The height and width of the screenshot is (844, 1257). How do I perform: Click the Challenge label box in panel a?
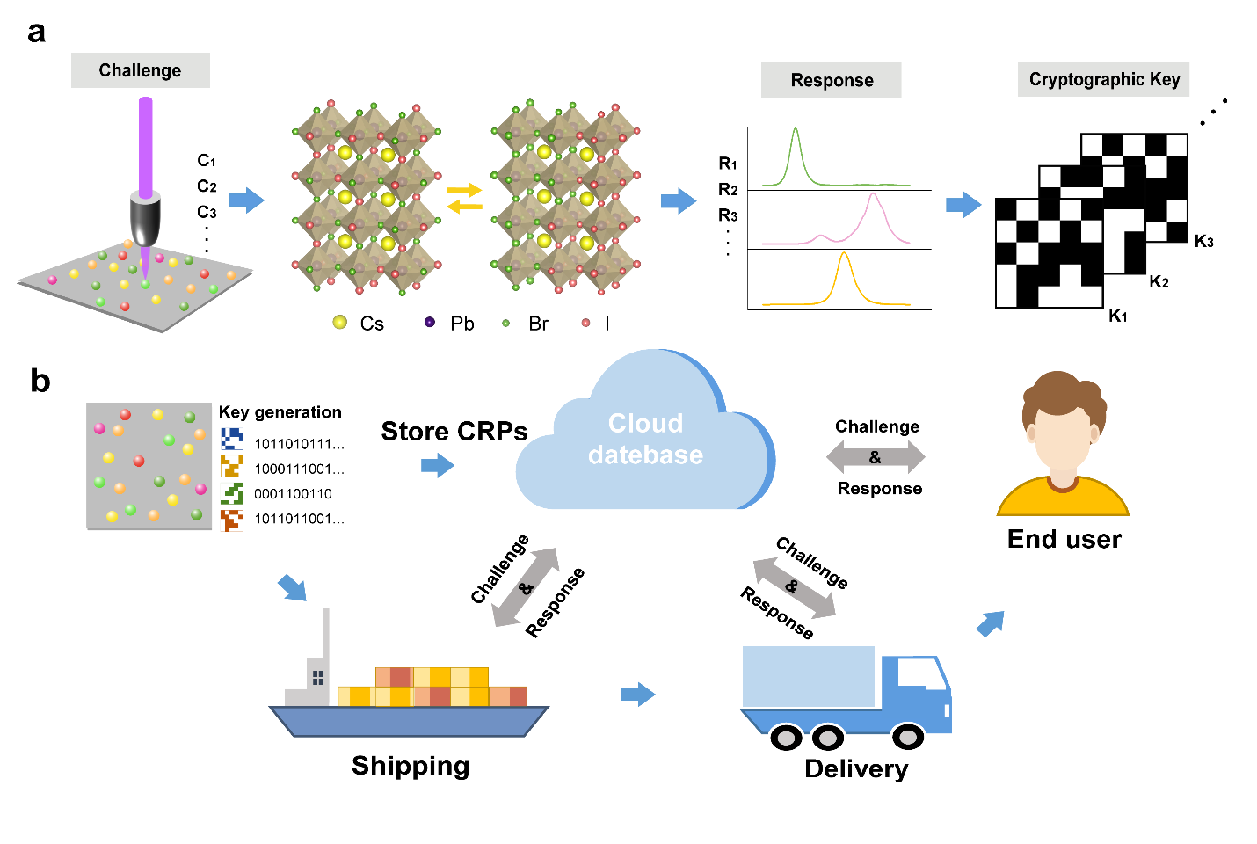(140, 70)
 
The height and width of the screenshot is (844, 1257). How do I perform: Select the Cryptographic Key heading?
(1104, 79)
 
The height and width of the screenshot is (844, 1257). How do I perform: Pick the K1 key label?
(1118, 316)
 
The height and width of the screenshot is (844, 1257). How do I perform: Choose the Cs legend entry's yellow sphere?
(340, 323)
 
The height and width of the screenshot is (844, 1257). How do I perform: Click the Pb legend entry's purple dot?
(429, 323)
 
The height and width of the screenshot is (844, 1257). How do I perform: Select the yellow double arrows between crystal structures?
(464, 198)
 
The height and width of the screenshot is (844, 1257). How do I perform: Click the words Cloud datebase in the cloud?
(645, 439)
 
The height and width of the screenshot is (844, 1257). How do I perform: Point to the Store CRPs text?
(454, 432)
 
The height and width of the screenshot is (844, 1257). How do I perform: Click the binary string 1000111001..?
(299, 469)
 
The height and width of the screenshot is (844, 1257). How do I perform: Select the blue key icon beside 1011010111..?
(231, 439)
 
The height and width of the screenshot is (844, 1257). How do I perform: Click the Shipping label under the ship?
(411, 766)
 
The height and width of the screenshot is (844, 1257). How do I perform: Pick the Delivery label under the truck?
(856, 768)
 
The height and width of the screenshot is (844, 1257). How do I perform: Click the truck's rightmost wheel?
(908, 736)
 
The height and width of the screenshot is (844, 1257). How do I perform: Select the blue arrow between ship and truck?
(638, 695)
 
